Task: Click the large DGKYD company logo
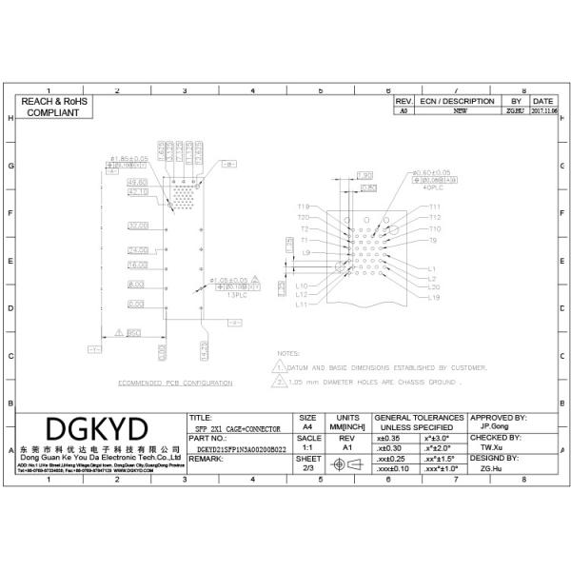tap(97, 426)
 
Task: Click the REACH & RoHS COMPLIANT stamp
tap(53, 106)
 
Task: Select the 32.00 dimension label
tap(139, 226)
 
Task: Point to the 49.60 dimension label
tap(139, 181)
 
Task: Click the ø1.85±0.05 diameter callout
tap(128, 158)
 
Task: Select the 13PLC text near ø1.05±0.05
tap(234, 295)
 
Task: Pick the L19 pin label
tap(433, 297)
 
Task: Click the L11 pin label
tap(302, 305)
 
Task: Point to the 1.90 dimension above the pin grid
tap(364, 175)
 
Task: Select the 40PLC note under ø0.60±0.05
tap(426, 187)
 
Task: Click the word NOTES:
tap(288, 353)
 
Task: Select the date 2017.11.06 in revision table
tap(543, 110)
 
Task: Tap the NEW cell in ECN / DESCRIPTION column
tap(460, 110)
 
